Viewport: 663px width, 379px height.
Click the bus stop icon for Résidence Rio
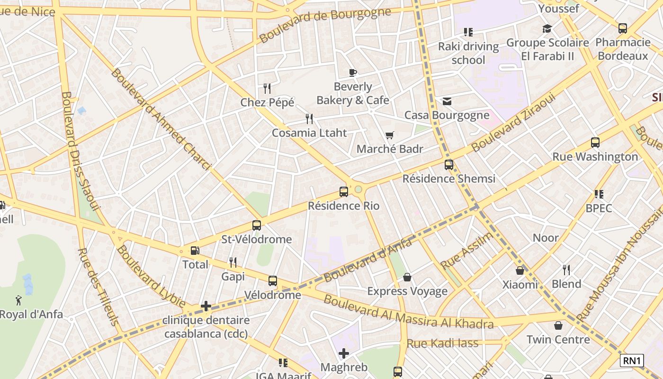344,192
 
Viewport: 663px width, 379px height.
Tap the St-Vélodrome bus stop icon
257,226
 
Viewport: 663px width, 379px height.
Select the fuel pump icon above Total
195,251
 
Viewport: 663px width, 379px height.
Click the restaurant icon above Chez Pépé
267,89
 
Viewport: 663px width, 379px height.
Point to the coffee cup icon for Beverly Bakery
353,72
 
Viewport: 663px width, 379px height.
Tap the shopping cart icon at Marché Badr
390,135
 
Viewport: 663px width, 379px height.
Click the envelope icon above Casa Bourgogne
447,101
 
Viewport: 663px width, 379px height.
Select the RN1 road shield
632,361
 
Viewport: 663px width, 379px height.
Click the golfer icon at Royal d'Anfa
18,300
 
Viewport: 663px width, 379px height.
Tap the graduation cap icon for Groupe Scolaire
547,29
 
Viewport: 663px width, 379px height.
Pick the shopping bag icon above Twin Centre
558,325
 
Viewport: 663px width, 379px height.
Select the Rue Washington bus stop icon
595,143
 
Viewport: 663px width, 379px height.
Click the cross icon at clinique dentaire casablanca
206,306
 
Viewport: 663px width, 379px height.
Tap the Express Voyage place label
407,291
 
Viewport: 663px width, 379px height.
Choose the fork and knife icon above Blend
566,270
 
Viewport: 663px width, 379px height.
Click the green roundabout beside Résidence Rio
358,189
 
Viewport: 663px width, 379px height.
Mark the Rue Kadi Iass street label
443,343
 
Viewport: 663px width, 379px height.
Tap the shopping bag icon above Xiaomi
520,271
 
